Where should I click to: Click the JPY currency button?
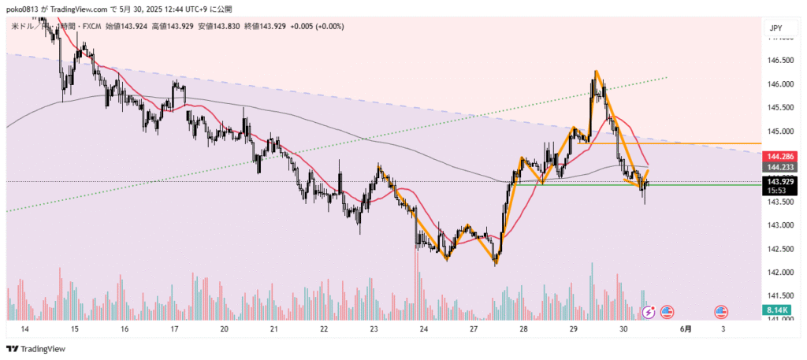775,29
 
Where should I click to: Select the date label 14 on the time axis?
25,328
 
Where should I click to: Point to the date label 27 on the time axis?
474,328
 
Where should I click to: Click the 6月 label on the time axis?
687,328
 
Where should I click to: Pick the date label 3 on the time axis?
723,328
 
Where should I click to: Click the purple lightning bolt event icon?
649,312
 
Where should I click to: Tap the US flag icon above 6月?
667,312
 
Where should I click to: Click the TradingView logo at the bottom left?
36,349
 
